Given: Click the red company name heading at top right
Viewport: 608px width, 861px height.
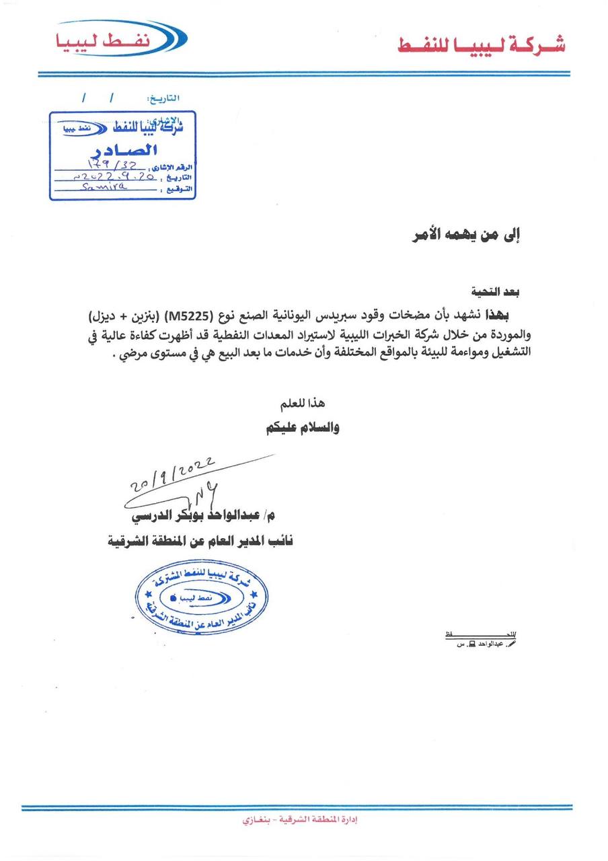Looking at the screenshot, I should tap(480, 44).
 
